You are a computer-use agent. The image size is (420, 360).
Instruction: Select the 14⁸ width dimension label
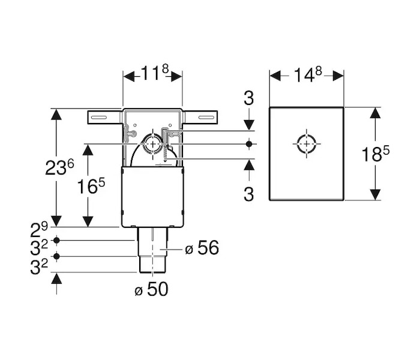click(307, 74)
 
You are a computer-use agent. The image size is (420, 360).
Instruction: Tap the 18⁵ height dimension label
click(375, 154)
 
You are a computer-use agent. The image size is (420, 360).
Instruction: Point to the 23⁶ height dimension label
click(59, 167)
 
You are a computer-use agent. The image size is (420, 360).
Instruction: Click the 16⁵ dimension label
click(91, 186)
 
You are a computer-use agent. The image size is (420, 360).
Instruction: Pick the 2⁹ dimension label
click(39, 230)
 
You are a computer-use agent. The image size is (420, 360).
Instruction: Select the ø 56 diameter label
click(202, 247)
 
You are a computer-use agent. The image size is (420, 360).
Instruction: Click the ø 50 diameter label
click(152, 289)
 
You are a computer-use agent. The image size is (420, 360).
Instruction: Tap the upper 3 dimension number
click(248, 98)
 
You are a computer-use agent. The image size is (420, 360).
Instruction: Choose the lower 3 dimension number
click(248, 194)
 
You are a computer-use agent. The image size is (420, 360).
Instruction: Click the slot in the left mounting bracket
click(99, 118)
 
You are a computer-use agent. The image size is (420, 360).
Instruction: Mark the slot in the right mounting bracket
click(206, 118)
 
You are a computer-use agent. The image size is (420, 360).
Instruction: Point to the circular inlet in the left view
click(152, 134)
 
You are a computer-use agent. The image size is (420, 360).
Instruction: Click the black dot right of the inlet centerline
click(249, 144)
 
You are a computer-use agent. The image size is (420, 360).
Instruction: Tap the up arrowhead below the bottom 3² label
click(56, 278)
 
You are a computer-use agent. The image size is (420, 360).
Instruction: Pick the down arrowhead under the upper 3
click(249, 125)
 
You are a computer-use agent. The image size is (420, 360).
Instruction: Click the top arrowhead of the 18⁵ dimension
click(375, 113)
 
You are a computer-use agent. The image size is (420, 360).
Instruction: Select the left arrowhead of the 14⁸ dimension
click(275, 75)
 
